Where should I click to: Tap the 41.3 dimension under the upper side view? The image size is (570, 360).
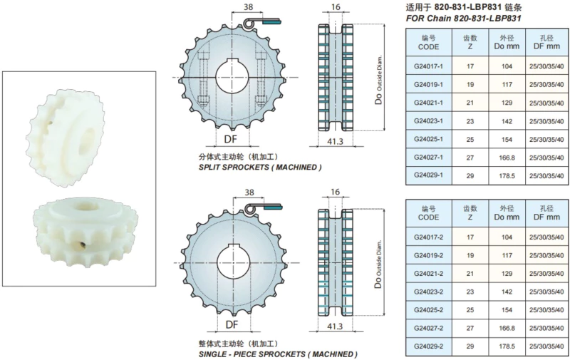[x=334, y=142]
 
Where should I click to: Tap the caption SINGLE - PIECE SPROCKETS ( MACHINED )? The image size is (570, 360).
[x=276, y=354]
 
